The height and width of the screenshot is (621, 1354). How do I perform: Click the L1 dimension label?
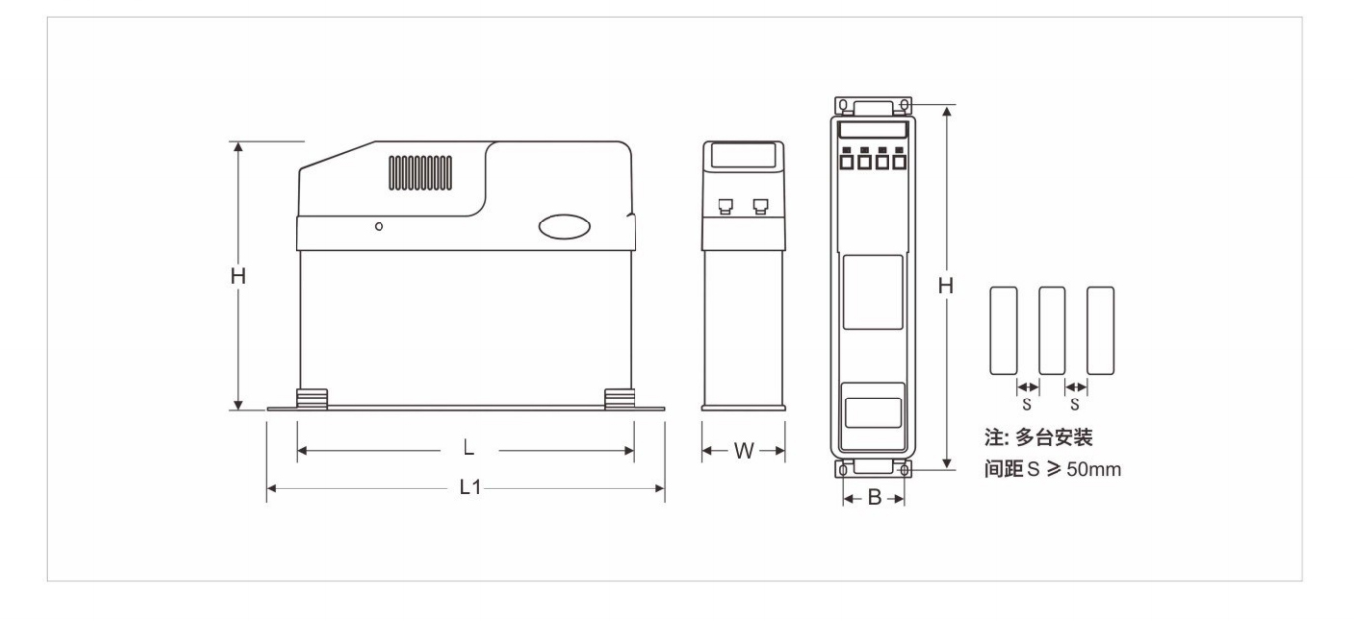pyautogui.click(x=469, y=488)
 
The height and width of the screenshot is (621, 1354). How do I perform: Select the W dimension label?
pyautogui.click(x=744, y=451)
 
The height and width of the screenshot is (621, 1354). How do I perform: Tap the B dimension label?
pyautogui.click(x=874, y=498)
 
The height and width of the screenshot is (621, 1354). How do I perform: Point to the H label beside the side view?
pyautogui.click(x=238, y=276)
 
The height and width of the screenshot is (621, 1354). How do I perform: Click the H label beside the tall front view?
pyautogui.click(x=946, y=286)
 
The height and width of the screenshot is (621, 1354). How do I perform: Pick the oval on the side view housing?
pyautogui.click(x=564, y=226)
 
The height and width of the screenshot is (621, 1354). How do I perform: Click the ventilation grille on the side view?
pyautogui.click(x=420, y=173)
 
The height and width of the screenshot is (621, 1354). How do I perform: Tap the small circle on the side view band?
pyautogui.click(x=379, y=226)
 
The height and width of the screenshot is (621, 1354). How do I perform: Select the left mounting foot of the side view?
pyautogui.click(x=312, y=399)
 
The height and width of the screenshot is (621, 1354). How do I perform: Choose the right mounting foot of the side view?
pyautogui.click(x=620, y=399)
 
